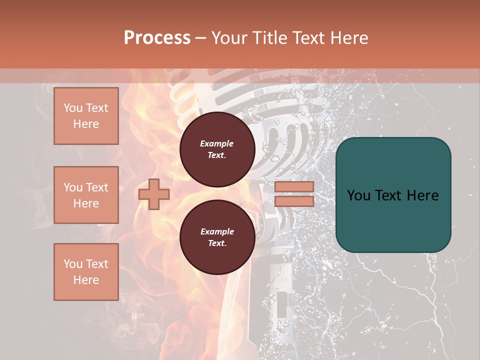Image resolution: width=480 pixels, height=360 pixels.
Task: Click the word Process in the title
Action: (157, 38)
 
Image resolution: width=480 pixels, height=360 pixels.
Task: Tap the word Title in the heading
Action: (268, 38)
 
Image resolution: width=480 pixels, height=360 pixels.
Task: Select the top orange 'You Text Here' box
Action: (86, 116)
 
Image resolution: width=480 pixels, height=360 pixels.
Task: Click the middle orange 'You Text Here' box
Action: (86, 195)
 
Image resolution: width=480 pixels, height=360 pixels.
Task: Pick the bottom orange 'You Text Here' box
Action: (86, 272)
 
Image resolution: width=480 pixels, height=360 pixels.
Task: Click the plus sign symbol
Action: (153, 194)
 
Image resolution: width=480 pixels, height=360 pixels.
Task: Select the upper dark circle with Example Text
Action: (217, 149)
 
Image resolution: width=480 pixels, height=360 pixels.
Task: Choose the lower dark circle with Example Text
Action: (217, 237)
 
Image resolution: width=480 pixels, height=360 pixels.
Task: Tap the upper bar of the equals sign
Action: (294, 186)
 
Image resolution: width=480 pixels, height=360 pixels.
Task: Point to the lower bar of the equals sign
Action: (294, 201)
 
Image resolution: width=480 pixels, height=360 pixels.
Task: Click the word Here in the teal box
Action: (422, 195)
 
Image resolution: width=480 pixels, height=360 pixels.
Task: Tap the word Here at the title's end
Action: (350, 38)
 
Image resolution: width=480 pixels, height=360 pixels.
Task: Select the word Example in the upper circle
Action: (217, 143)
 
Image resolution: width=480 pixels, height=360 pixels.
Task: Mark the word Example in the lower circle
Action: (217, 231)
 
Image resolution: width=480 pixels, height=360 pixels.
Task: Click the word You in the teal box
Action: (358, 195)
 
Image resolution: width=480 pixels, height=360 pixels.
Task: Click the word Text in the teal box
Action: (389, 195)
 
